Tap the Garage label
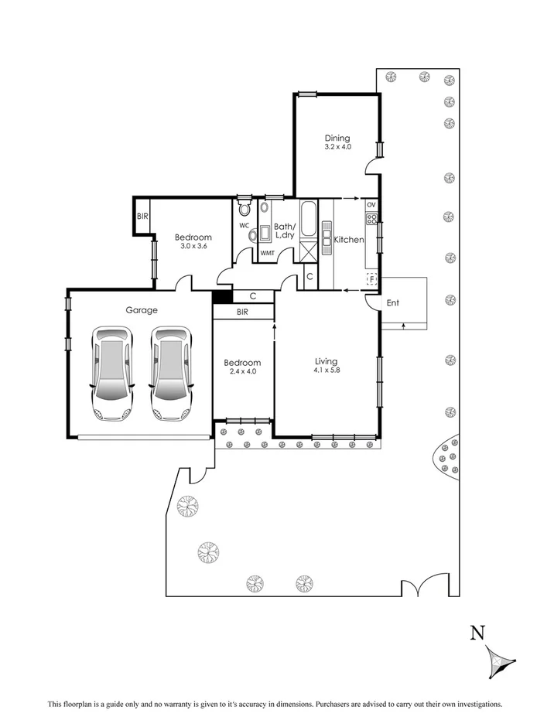[x=142, y=310]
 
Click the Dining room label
[x=337, y=138]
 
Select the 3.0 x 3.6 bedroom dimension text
[x=193, y=246]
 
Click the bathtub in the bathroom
[x=309, y=221]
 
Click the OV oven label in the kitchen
[x=371, y=205]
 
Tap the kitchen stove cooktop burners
[x=371, y=219]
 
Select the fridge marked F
[x=371, y=278]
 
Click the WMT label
[x=267, y=253]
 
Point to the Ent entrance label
[x=393, y=302]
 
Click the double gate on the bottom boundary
[x=419, y=589]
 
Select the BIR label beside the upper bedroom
[x=142, y=217]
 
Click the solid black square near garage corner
[x=221, y=295]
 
